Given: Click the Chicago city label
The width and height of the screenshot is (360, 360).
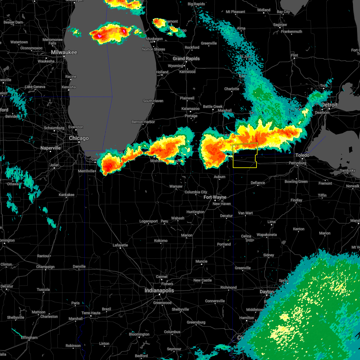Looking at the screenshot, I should click(79, 138).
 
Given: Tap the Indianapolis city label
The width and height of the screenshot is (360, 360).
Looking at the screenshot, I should click(159, 291).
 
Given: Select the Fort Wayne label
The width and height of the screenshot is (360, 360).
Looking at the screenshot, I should click(215, 197).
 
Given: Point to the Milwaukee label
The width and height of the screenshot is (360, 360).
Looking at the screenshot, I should click(64, 52).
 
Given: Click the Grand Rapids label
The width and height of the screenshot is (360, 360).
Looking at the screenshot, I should click(186, 58).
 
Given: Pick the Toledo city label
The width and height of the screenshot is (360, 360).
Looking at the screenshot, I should click(302, 155).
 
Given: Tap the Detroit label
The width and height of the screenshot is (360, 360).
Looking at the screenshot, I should click(329, 105).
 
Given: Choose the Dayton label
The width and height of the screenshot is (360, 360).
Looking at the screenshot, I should click(267, 292).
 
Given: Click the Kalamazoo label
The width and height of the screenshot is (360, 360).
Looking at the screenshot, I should click(190, 109).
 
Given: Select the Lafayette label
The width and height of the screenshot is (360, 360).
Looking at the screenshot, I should click(120, 245).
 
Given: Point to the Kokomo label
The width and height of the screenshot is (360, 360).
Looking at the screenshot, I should click(161, 241).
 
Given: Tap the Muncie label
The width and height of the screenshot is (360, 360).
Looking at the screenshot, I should click(201, 261).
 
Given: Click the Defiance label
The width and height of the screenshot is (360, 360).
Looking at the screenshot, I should click(258, 183).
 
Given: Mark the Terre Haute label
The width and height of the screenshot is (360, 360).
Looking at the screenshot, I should click(91, 313).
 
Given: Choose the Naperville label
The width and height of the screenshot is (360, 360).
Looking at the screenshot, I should click(51, 148).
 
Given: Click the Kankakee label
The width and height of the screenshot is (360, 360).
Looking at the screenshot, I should click(67, 195).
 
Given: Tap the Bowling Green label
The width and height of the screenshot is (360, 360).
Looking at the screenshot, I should click(296, 181).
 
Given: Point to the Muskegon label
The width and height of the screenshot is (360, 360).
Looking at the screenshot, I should click(154, 39).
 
